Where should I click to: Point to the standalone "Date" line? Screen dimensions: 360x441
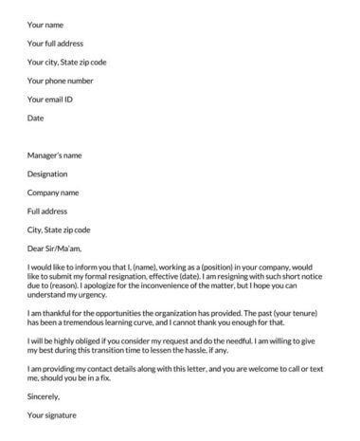[36, 118]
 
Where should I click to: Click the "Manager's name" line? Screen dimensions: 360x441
[56, 154]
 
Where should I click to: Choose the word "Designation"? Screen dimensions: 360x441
[48, 173]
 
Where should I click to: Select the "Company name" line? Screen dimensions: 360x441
[54, 192]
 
